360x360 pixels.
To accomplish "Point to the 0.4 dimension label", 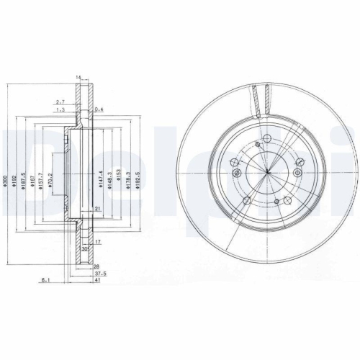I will point(99,110).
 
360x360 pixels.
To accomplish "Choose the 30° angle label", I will point(85,250).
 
